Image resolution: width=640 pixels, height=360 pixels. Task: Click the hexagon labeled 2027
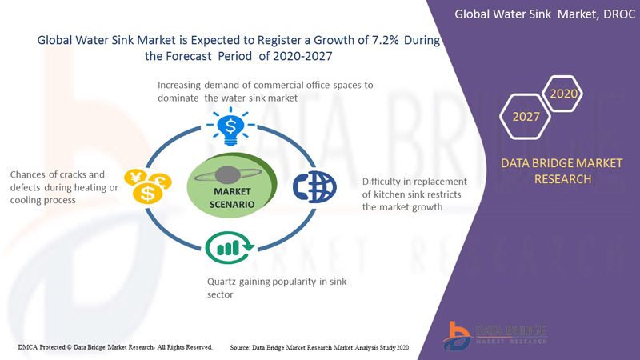pyautogui.click(x=526, y=118)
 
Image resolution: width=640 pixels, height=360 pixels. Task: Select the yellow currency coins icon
pyautogui.click(x=146, y=186)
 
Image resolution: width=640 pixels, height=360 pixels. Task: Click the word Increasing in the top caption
pyautogui.click(x=185, y=84)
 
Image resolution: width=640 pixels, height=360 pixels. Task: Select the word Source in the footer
pyautogui.click(x=242, y=347)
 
